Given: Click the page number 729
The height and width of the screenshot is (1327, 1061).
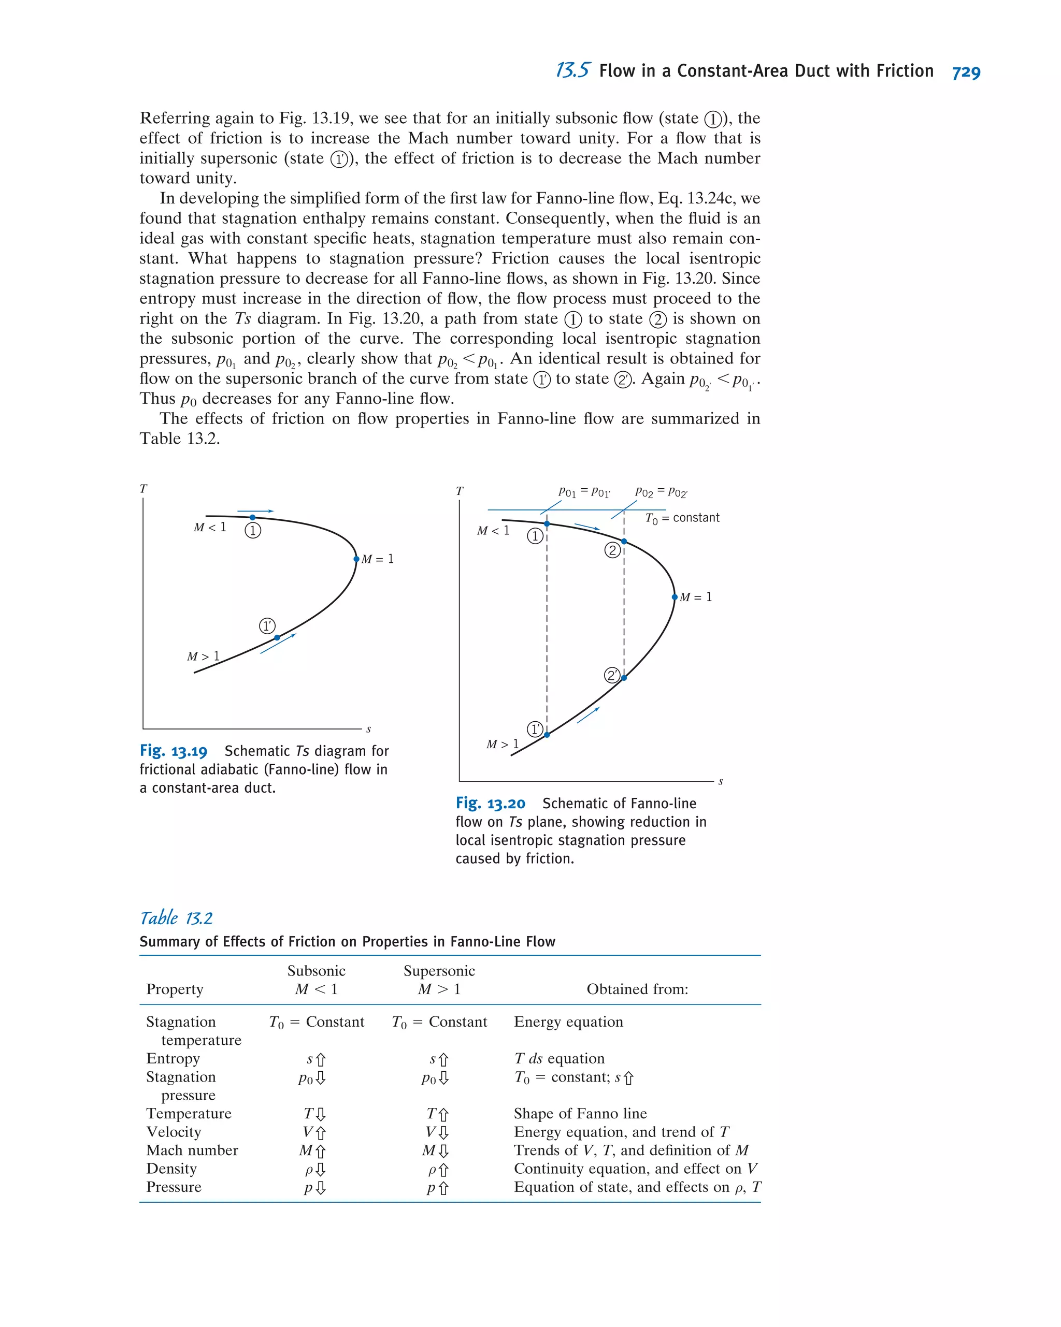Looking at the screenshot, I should click(x=966, y=72).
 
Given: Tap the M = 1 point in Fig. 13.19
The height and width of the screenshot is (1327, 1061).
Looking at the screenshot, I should click(x=356, y=559).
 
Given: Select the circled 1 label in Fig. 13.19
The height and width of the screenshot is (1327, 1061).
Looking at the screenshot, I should click(x=252, y=530).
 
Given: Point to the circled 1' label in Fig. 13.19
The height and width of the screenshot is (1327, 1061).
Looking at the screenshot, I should click(x=267, y=626).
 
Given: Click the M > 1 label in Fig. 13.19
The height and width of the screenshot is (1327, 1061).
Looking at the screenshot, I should click(x=203, y=656).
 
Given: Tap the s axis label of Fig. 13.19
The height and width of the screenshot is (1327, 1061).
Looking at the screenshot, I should click(x=368, y=730).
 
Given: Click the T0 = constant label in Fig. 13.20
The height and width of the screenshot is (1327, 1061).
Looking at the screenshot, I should click(x=682, y=518).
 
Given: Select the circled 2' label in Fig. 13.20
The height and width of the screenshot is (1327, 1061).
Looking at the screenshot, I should click(x=611, y=675).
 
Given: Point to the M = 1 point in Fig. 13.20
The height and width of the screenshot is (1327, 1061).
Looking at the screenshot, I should click(x=675, y=597).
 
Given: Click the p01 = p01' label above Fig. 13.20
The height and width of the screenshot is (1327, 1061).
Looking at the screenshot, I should click(x=584, y=492).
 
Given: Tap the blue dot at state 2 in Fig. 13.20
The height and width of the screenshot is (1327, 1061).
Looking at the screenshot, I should click(x=624, y=541).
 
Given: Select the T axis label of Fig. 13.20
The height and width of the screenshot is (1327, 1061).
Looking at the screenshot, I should click(x=460, y=490).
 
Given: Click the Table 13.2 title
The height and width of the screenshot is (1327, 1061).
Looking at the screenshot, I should click(x=176, y=918).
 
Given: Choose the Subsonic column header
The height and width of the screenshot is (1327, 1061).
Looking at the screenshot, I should click(x=316, y=971).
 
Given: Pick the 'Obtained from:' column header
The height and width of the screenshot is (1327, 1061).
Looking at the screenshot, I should click(x=637, y=989).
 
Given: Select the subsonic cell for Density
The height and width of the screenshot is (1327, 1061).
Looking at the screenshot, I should click(x=316, y=1169).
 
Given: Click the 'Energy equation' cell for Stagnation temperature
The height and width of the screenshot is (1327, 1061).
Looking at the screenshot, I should click(x=568, y=1022).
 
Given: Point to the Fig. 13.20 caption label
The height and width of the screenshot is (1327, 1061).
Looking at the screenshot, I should click(x=490, y=803).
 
